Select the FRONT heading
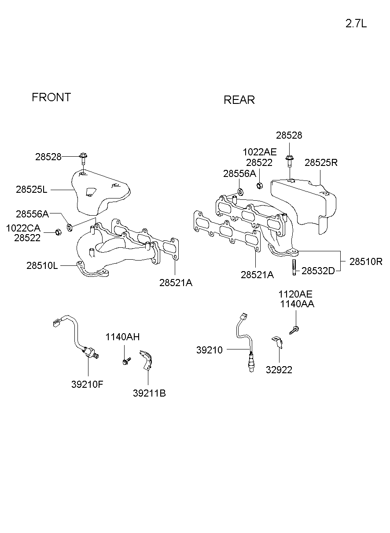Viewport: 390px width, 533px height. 51,97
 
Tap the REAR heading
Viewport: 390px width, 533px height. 239,100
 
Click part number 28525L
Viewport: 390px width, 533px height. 31,190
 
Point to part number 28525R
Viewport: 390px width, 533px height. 321,162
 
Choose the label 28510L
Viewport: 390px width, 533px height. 42,265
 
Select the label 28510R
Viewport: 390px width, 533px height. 366,261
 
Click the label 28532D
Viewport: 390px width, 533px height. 318,271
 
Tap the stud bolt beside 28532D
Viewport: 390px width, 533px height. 293,267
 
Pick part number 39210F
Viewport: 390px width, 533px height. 87,384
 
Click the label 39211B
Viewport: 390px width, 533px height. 149,393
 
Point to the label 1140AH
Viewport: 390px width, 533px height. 122,337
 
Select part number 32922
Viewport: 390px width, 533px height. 279,370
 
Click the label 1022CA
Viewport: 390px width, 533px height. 23,228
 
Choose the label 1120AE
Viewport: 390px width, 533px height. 295,294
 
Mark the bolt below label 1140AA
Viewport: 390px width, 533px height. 294,329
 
